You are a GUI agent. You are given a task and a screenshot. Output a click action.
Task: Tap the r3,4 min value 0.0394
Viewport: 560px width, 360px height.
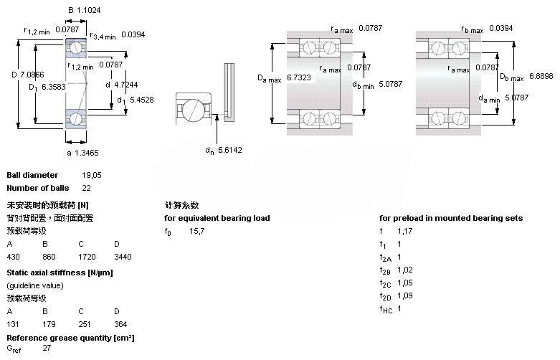(133, 34)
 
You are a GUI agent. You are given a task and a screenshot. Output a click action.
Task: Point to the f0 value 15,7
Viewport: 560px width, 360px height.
(197, 230)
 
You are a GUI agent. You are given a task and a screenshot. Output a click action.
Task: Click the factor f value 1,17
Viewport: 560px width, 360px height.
(405, 230)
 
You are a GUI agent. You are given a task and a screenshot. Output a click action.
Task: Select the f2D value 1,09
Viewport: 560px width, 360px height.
(405, 295)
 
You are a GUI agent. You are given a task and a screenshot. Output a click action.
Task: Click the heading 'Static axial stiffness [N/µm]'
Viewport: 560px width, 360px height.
(60, 273)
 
